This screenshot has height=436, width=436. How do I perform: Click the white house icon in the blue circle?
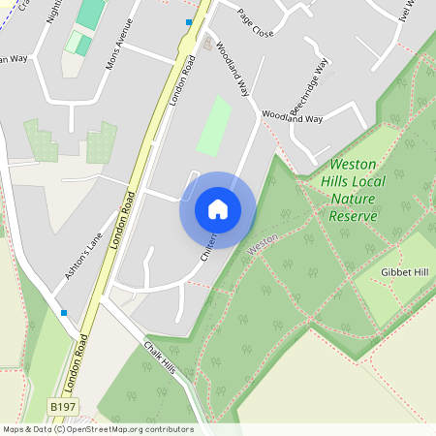click(x=218, y=208)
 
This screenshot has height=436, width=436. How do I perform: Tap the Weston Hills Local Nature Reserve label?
click(x=353, y=190)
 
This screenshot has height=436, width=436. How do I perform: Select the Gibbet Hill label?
click(x=404, y=272)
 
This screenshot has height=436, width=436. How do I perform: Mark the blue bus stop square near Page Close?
click(x=189, y=21)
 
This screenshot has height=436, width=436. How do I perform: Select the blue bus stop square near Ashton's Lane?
click(x=64, y=313)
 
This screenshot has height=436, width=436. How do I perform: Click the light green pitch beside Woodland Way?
click(x=214, y=126)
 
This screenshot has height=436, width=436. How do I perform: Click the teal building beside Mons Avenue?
click(x=90, y=13)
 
